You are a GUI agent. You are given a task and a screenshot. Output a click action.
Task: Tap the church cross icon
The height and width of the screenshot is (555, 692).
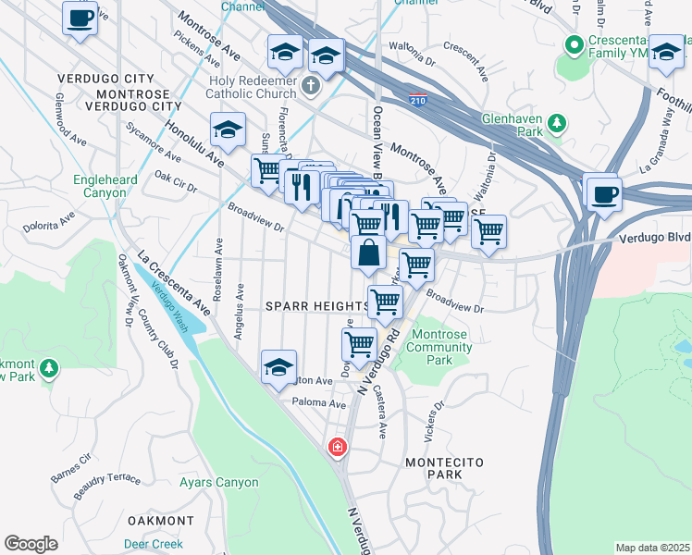pos(312,86)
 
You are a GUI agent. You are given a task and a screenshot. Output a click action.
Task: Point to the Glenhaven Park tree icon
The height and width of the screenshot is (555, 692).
pos(557,123)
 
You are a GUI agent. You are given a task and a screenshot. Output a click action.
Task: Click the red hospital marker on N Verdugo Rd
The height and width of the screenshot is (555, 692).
pos(338,448)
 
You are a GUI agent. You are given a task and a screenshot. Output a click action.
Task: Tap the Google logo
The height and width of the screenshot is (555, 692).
pos(31,543)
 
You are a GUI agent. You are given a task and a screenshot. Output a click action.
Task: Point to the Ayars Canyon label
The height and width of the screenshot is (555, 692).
pos(219,483)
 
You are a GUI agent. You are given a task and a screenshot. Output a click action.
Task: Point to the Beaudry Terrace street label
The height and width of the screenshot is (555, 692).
pos(108,480)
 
